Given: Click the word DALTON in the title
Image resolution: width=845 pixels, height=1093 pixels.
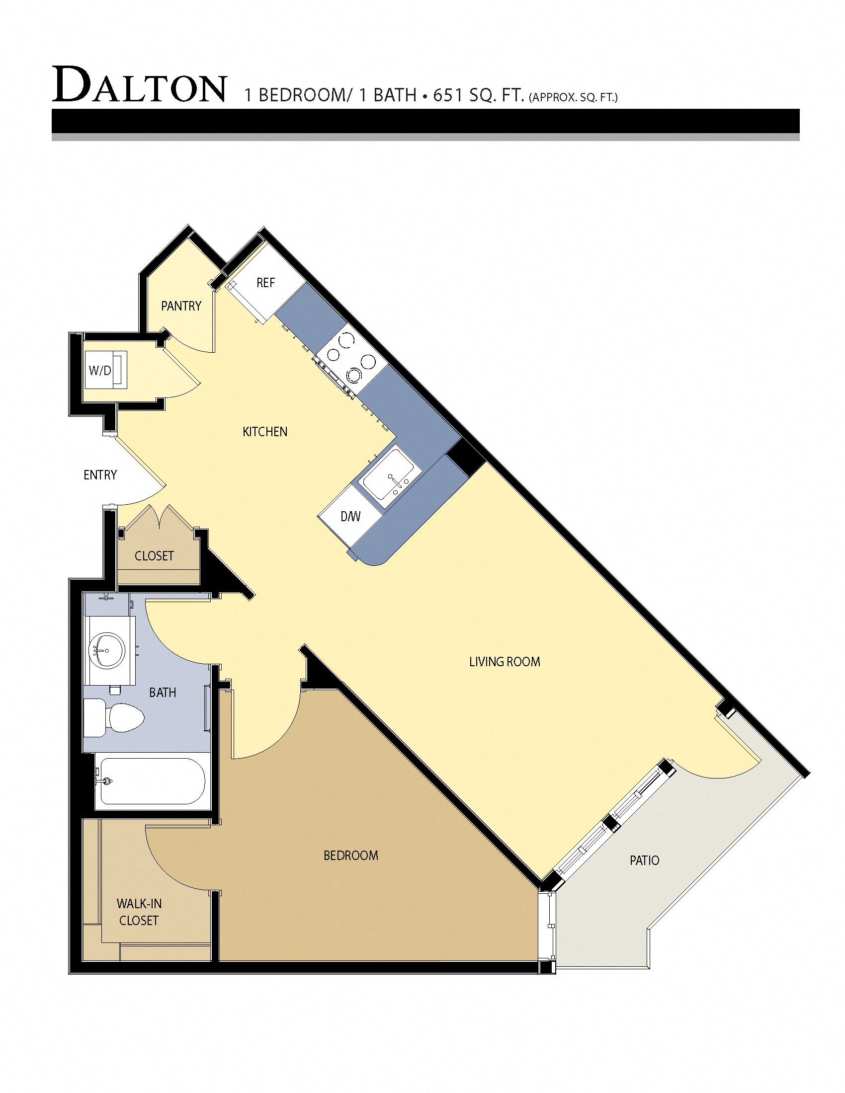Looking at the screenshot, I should tap(140, 85).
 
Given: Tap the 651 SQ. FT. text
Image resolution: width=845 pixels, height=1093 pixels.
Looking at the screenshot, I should tap(478, 94).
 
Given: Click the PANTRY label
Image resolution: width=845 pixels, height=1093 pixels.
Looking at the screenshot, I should tap(181, 306).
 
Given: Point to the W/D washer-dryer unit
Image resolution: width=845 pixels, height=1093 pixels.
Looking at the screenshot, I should tap(105, 370).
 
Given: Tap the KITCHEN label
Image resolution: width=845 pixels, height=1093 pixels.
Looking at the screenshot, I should tap(265, 431).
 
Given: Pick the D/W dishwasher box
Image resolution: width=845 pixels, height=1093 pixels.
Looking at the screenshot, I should tap(350, 516).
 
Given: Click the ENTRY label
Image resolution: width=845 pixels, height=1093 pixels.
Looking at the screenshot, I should tap(100, 475).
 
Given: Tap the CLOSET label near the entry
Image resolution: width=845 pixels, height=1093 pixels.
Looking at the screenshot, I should tap(154, 555).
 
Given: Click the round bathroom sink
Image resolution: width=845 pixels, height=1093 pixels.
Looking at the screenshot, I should tap(106, 650).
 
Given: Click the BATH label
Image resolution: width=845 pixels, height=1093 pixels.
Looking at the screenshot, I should tap(163, 693).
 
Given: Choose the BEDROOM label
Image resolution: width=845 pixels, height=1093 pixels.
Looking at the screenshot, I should tap(350, 856).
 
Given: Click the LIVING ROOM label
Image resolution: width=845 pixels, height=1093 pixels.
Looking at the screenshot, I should tap(504, 662).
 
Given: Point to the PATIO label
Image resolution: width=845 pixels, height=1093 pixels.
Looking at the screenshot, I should tap(644, 860).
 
